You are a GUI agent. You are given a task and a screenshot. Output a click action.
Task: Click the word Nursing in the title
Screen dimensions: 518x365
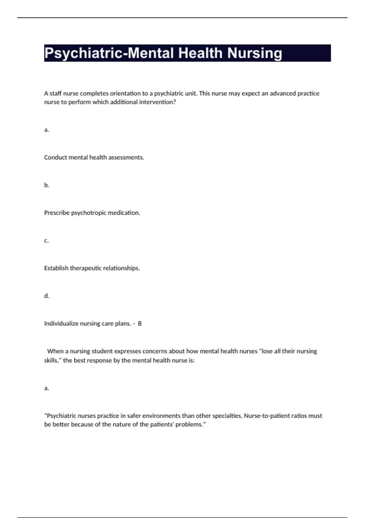(x=255, y=53)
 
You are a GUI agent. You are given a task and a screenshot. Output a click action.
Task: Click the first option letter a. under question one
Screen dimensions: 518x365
(x=47, y=130)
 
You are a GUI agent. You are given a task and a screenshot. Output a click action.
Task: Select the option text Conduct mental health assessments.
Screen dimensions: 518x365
(x=94, y=158)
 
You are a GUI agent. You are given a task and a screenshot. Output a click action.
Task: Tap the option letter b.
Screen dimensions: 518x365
(x=47, y=185)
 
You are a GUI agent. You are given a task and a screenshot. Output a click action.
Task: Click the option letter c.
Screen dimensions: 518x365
(x=46, y=240)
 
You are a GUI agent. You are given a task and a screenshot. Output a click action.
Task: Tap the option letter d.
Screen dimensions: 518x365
(x=47, y=296)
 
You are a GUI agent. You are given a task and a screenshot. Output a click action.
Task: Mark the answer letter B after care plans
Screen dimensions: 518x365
(x=140, y=324)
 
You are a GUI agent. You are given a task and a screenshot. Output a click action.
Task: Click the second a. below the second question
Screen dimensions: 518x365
(x=47, y=388)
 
